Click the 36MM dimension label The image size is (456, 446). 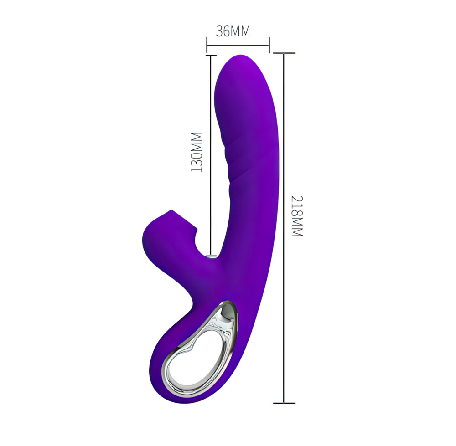tap(233, 31)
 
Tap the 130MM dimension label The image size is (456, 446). tap(197, 152)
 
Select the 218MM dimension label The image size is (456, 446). tap(297, 216)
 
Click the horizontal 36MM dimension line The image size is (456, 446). tap(238, 45)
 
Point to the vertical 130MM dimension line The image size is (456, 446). tap(210, 155)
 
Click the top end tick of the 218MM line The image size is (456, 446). tap(284, 53)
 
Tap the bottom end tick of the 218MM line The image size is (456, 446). tap(284, 403)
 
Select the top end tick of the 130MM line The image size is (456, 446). tap(211, 55)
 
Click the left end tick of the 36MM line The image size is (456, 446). tap(207, 45)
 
